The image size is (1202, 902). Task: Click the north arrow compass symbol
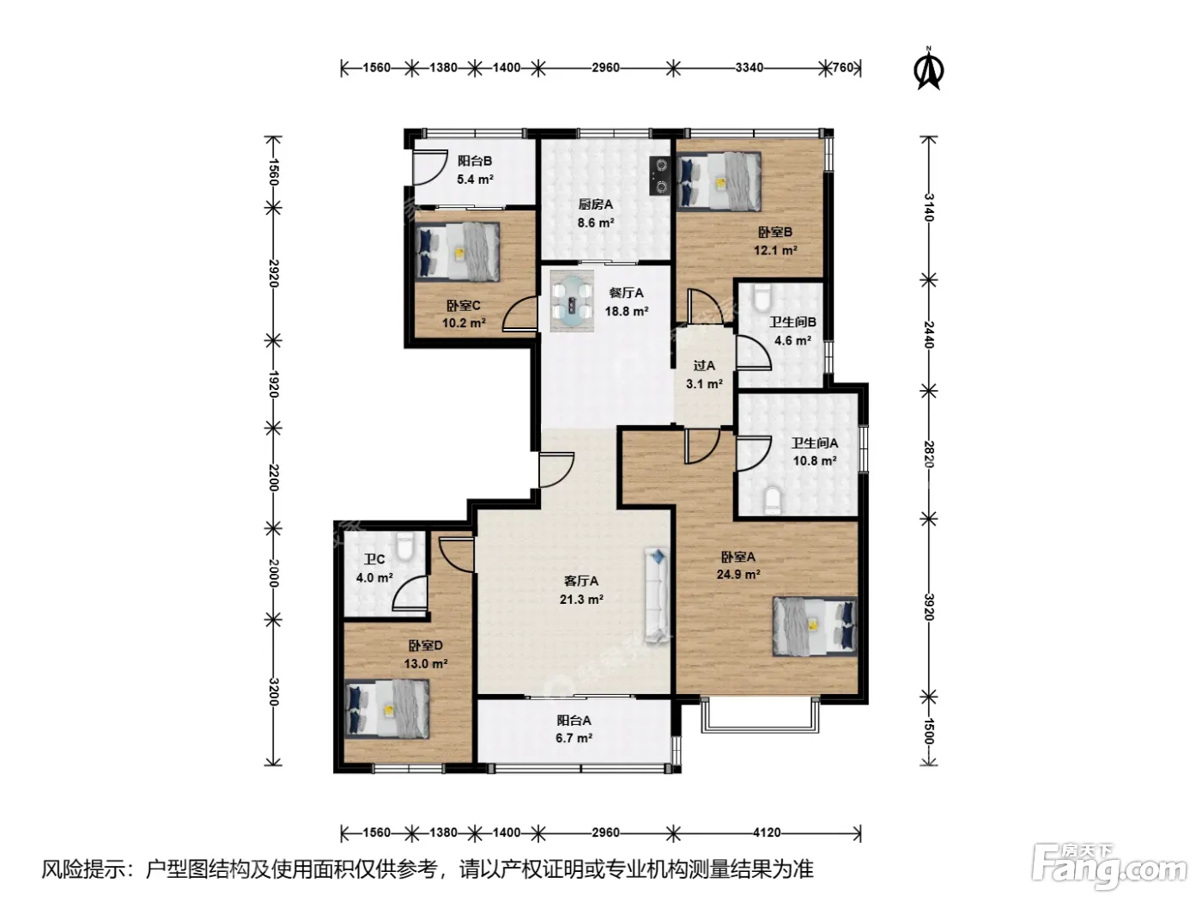[929, 69]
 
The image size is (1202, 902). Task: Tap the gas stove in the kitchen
[660, 175]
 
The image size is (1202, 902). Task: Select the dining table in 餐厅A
[573, 301]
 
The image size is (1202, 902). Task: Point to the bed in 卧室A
[814, 626]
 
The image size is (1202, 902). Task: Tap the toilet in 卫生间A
[773, 501]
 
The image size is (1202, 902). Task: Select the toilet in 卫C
[404, 545]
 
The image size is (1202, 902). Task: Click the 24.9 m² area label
[738, 575]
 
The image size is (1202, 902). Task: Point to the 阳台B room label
[475, 161]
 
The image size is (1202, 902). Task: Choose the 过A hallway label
[704, 365]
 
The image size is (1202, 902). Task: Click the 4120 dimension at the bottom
[766, 833]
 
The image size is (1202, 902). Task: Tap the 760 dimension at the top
[843, 68]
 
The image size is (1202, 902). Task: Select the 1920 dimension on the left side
[274, 385]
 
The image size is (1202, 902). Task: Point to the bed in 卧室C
[458, 252]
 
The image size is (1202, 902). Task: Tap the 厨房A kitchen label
[595, 204]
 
